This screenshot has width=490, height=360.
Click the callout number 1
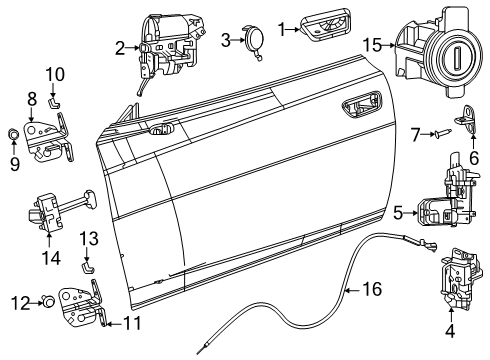(283, 29)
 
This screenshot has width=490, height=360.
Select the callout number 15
(371, 45)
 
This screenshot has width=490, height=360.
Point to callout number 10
(54, 74)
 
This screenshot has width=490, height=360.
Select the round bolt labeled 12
(46, 300)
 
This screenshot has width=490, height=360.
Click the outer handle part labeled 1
(319, 27)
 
